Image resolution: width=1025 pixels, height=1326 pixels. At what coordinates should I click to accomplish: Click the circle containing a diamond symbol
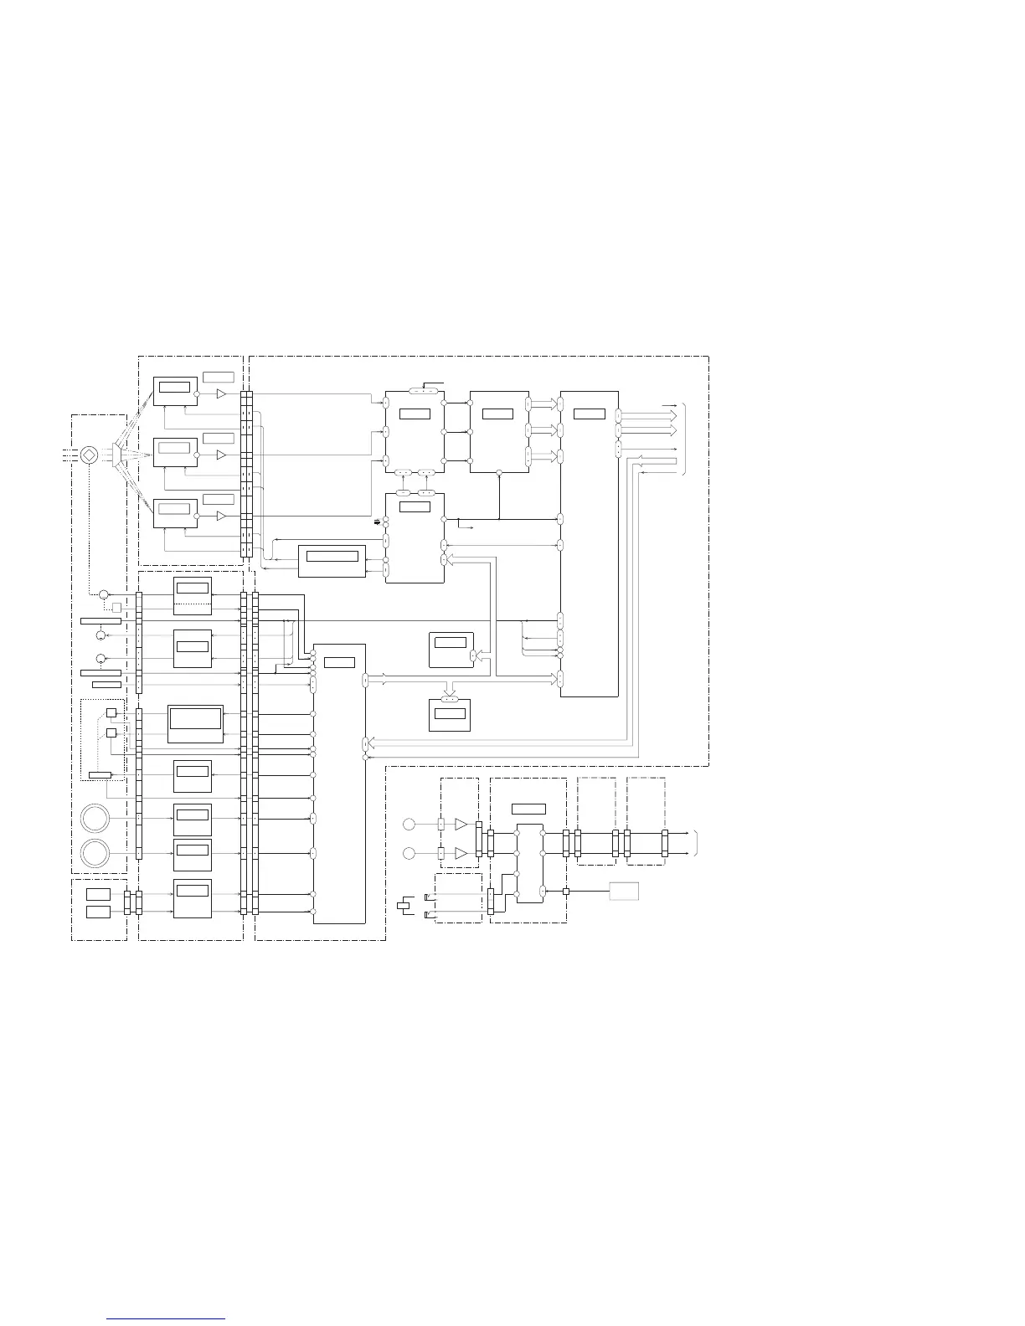click(90, 455)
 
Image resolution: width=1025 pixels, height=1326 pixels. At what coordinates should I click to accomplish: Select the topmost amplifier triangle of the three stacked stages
click(221, 394)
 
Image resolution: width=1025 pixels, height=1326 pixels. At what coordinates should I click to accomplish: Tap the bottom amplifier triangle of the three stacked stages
click(221, 517)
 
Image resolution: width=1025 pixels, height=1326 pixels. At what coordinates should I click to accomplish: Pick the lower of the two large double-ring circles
click(95, 854)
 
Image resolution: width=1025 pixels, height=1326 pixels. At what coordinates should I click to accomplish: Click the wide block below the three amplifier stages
click(332, 560)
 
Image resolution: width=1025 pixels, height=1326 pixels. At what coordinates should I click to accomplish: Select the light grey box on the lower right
click(624, 891)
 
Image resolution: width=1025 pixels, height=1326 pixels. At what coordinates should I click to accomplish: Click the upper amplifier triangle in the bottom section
click(461, 825)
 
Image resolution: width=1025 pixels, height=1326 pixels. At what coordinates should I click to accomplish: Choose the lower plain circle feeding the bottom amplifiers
click(409, 854)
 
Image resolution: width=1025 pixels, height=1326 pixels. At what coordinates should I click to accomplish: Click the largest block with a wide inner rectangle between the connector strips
click(196, 723)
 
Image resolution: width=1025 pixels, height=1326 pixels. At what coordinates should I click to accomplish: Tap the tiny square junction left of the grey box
click(566, 891)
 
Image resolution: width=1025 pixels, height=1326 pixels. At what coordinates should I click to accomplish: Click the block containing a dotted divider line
click(193, 595)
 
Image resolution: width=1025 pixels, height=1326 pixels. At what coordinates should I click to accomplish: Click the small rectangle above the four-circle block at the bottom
click(528, 809)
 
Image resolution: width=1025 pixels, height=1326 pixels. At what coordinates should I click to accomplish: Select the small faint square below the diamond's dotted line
click(116, 608)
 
